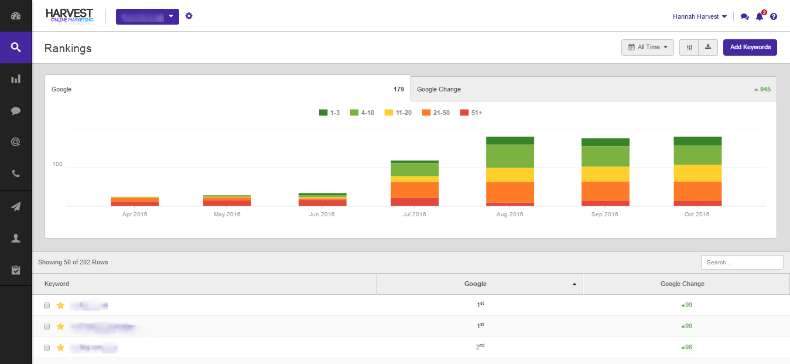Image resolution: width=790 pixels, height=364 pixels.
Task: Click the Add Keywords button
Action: pyautogui.click(x=750, y=47)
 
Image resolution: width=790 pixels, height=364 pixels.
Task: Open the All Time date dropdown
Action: pyautogui.click(x=647, y=47)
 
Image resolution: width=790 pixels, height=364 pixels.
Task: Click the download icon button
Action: pyautogui.click(x=708, y=47)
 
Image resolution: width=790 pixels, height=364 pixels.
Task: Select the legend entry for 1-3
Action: pyautogui.click(x=330, y=113)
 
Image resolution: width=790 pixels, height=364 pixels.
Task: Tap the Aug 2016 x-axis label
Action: pyautogui.click(x=509, y=215)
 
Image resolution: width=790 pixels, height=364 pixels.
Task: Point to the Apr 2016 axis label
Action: pyautogui.click(x=135, y=215)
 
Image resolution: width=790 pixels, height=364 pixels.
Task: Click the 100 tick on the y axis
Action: pyautogui.click(x=57, y=164)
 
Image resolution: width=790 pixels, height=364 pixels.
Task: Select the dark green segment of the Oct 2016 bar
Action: pyautogui.click(x=697, y=141)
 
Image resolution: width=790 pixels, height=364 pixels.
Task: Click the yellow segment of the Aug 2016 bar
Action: pyautogui.click(x=509, y=175)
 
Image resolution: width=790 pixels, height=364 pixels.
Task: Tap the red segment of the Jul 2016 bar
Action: pyautogui.click(x=415, y=202)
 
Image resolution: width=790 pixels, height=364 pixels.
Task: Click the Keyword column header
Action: pyautogui.click(x=57, y=284)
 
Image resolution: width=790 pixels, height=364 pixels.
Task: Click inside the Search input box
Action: pyautogui.click(x=741, y=263)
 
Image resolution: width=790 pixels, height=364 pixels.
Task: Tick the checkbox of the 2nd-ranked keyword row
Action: pyautogui.click(x=47, y=348)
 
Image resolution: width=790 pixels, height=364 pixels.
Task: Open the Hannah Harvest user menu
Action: pyautogui.click(x=700, y=17)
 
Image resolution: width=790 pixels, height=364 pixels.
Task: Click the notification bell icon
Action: pyautogui.click(x=760, y=16)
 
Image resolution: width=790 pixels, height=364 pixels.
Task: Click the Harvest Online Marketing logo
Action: pyautogui.click(x=69, y=16)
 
